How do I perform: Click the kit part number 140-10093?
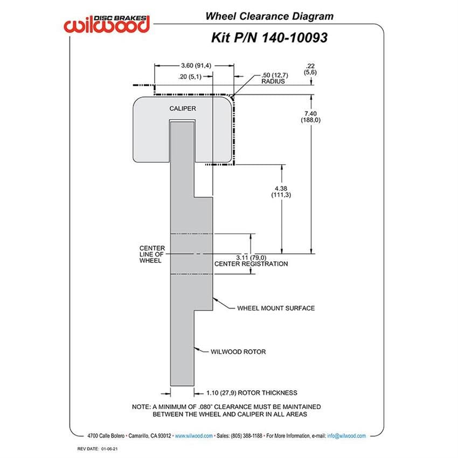(294, 38)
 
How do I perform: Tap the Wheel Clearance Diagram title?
(269, 16)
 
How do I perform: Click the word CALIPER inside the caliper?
(183, 109)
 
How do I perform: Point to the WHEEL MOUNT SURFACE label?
(276, 308)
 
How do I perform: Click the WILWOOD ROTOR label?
(238, 352)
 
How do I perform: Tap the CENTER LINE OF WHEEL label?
(152, 254)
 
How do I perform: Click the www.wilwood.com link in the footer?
(193, 436)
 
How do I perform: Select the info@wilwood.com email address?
(346, 436)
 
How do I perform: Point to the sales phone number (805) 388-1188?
(247, 436)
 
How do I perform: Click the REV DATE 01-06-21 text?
(98, 449)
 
